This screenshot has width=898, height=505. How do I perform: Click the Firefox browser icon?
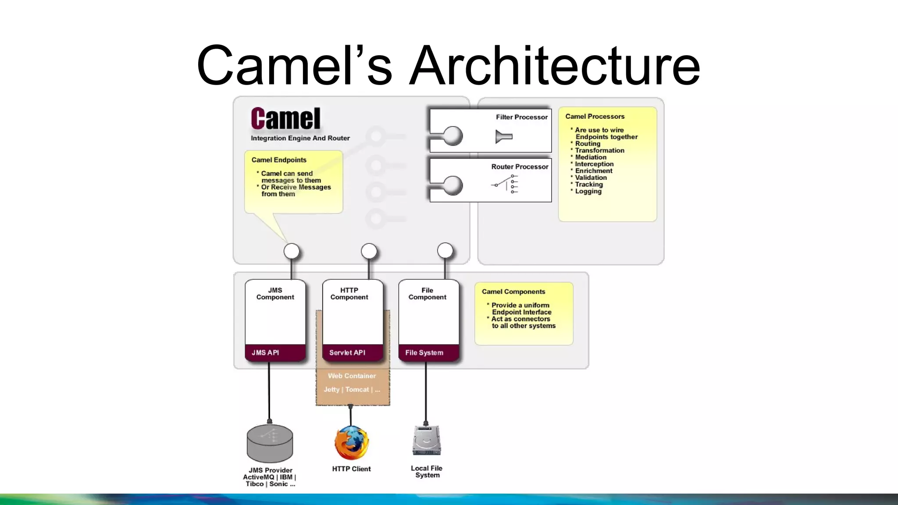pos(351,443)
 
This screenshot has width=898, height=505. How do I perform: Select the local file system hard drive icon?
pos(426,441)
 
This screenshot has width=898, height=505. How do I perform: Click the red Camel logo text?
pos(285,119)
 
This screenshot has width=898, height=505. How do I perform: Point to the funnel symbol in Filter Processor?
pos(504,136)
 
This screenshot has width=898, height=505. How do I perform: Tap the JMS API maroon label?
pos(265,352)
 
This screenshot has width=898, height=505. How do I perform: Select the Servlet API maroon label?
pos(347,352)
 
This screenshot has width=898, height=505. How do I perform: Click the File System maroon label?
pos(424,352)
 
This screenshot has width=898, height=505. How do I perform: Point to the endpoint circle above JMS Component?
pos(292,252)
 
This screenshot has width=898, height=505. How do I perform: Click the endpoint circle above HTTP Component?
pos(369,251)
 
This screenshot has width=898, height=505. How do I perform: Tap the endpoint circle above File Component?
pos(445,251)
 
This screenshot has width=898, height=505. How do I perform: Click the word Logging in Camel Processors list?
pos(588,191)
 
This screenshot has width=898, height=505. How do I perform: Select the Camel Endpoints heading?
pos(279,160)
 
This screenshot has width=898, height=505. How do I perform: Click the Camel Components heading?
pos(513,292)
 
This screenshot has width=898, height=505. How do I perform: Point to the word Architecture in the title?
pos(554,66)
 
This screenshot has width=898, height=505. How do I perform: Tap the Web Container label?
pos(352,376)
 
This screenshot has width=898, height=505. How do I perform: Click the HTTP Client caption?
pos(351,469)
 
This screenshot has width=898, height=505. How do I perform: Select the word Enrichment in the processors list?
pos(594,171)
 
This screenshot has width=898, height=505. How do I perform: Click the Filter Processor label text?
pos(521,117)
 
